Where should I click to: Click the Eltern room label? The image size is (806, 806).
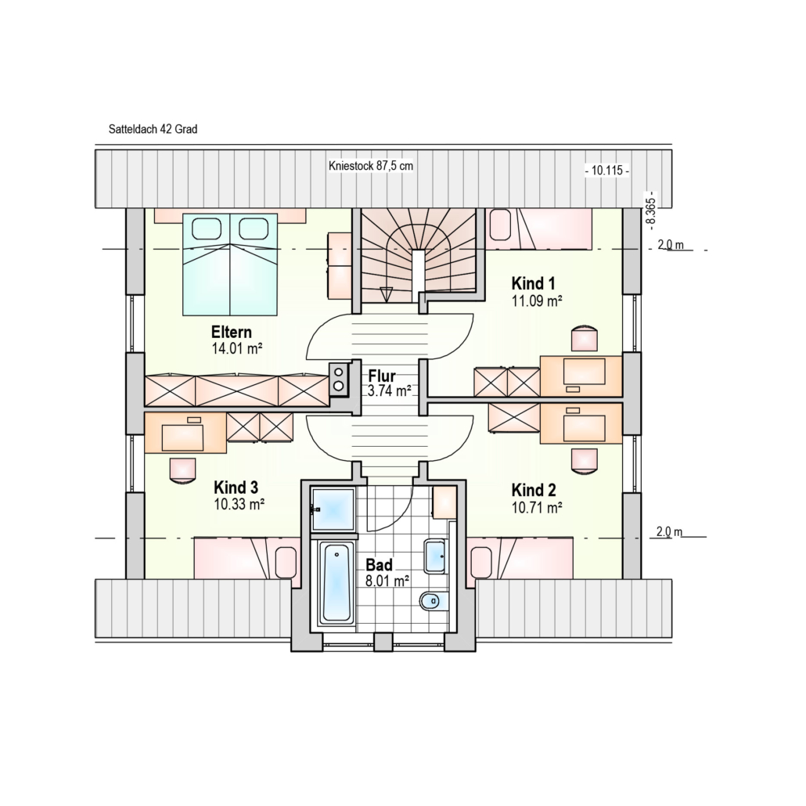(x=232, y=332)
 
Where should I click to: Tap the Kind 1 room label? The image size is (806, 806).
(x=534, y=283)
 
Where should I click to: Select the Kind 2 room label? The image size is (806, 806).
(x=534, y=490)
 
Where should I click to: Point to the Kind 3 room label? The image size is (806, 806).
(x=236, y=487)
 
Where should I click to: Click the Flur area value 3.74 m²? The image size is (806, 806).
(x=389, y=391)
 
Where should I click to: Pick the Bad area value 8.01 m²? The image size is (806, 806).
(x=387, y=581)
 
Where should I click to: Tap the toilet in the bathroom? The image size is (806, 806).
(x=434, y=600)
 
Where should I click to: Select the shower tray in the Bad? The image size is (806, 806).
(x=333, y=509)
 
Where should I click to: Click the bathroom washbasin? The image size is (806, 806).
(x=435, y=556)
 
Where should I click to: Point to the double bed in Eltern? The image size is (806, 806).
(x=230, y=264)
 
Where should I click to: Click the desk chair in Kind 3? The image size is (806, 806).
(x=183, y=470)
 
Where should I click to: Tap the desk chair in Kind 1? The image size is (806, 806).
(x=585, y=338)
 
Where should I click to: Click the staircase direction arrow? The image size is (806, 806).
(x=386, y=294)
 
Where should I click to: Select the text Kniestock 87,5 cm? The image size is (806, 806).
(x=371, y=166)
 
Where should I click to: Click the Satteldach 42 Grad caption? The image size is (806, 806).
(x=153, y=129)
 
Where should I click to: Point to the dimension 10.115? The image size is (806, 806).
(x=607, y=170)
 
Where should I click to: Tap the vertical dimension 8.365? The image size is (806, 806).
(x=651, y=211)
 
